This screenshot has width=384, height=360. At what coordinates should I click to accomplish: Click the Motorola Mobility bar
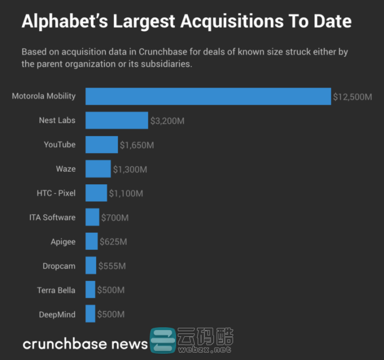(x=208, y=96)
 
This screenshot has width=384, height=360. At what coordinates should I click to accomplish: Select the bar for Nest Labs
(x=116, y=120)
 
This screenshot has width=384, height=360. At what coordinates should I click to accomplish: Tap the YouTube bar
(x=102, y=145)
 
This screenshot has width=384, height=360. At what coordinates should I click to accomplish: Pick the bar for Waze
(x=98, y=169)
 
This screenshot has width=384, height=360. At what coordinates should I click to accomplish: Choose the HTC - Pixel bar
(x=96, y=193)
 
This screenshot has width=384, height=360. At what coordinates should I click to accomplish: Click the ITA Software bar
(x=93, y=217)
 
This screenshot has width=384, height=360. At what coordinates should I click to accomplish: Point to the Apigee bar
(x=91, y=241)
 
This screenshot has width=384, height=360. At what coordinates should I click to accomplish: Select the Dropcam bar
(x=91, y=266)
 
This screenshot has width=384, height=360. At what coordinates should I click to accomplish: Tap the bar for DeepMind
(x=90, y=314)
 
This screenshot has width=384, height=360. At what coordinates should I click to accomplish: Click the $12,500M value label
(x=352, y=97)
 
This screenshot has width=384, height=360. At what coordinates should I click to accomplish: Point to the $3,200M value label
(x=167, y=121)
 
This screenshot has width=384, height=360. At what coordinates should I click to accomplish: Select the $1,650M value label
(x=137, y=145)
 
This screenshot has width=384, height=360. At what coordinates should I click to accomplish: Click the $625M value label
(x=113, y=242)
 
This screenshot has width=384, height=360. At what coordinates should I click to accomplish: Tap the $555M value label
(x=112, y=266)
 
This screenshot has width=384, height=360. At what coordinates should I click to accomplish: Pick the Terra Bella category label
(x=56, y=290)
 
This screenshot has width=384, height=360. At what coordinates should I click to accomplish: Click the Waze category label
(x=66, y=169)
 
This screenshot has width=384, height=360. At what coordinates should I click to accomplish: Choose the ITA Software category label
(x=52, y=217)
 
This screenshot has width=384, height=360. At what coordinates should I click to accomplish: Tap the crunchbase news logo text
(x=85, y=344)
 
